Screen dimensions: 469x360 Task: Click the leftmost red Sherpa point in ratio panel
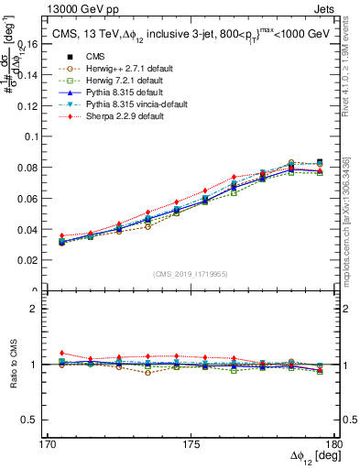tap(61, 353)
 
